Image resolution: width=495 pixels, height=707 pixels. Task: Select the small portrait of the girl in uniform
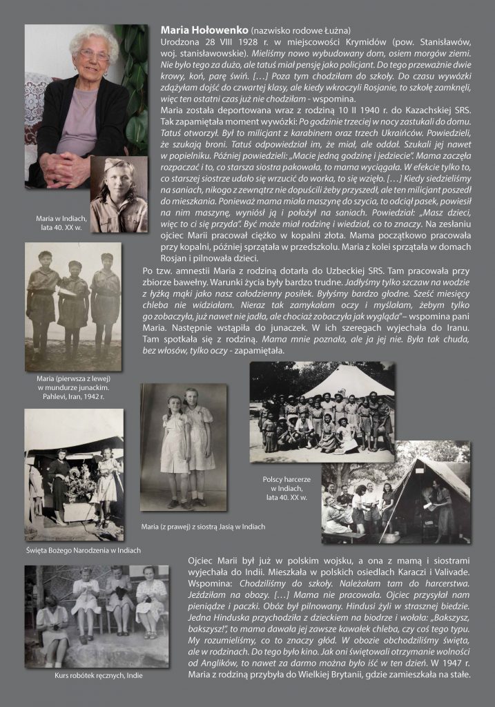point(119,194)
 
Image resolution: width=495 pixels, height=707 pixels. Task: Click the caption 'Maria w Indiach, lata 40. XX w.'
point(57,223)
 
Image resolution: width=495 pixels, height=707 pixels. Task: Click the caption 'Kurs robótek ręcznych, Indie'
point(97,675)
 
